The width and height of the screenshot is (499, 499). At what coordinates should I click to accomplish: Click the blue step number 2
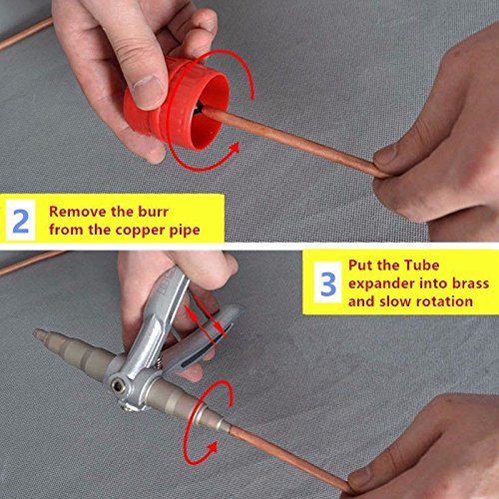click(x=20, y=221)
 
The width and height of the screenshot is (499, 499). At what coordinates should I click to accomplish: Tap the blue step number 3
click(x=328, y=283)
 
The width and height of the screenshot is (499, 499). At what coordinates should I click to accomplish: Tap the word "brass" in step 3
click(x=471, y=283)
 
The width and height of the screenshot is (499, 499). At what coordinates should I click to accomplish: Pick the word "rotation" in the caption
click(x=444, y=301)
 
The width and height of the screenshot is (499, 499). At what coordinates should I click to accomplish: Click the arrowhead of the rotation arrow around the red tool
click(x=234, y=148)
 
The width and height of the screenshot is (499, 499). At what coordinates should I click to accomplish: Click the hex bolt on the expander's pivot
click(x=117, y=386)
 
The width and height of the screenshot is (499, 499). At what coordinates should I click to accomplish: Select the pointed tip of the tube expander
click(x=36, y=333)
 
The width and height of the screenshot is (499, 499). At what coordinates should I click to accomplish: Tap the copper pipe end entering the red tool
click(x=204, y=111)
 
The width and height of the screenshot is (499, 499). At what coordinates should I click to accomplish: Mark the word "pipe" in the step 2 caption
click(x=185, y=231)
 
